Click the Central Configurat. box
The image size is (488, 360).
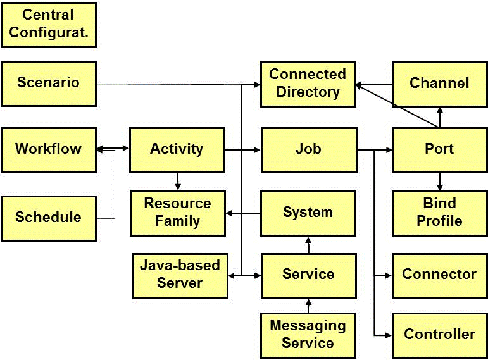point(49,24)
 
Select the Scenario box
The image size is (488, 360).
point(49,83)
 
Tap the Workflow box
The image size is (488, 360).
point(49,149)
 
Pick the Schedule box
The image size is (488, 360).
point(49,218)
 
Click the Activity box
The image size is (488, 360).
point(177,149)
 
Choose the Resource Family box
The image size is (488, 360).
point(177,213)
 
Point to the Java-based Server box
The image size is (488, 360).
point(180,275)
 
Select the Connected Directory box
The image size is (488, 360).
point(308,84)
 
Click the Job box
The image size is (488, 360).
point(308,149)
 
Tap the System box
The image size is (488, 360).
point(308,213)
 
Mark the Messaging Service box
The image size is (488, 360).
point(308,335)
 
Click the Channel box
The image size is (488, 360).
point(439,84)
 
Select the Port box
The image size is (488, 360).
point(439,149)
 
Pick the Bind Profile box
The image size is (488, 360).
point(439,213)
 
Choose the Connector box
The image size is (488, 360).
point(439,275)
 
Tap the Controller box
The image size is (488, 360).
point(439,335)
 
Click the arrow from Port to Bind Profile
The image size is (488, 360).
point(440,181)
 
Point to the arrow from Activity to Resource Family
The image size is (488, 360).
point(177,181)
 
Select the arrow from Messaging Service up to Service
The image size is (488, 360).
point(308,306)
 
